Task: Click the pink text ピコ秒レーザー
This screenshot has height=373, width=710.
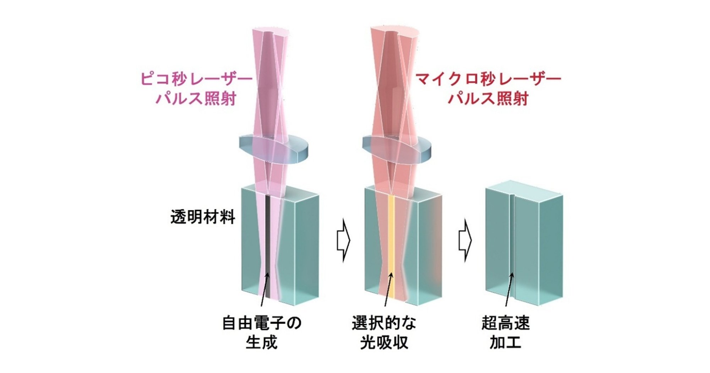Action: (196, 79)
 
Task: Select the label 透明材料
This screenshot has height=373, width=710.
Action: (203, 217)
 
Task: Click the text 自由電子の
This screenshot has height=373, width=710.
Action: (262, 323)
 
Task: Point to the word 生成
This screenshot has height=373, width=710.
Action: (261, 342)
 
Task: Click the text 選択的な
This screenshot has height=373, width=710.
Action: (384, 323)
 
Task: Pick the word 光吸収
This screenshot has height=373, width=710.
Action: (384, 342)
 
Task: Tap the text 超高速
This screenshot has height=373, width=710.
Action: (506, 323)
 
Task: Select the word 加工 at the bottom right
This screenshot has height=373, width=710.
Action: (505, 342)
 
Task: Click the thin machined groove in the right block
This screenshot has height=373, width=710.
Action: (511, 249)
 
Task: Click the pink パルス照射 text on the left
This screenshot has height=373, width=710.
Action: (196, 98)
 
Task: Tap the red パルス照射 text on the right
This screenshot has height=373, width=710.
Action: (488, 98)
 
